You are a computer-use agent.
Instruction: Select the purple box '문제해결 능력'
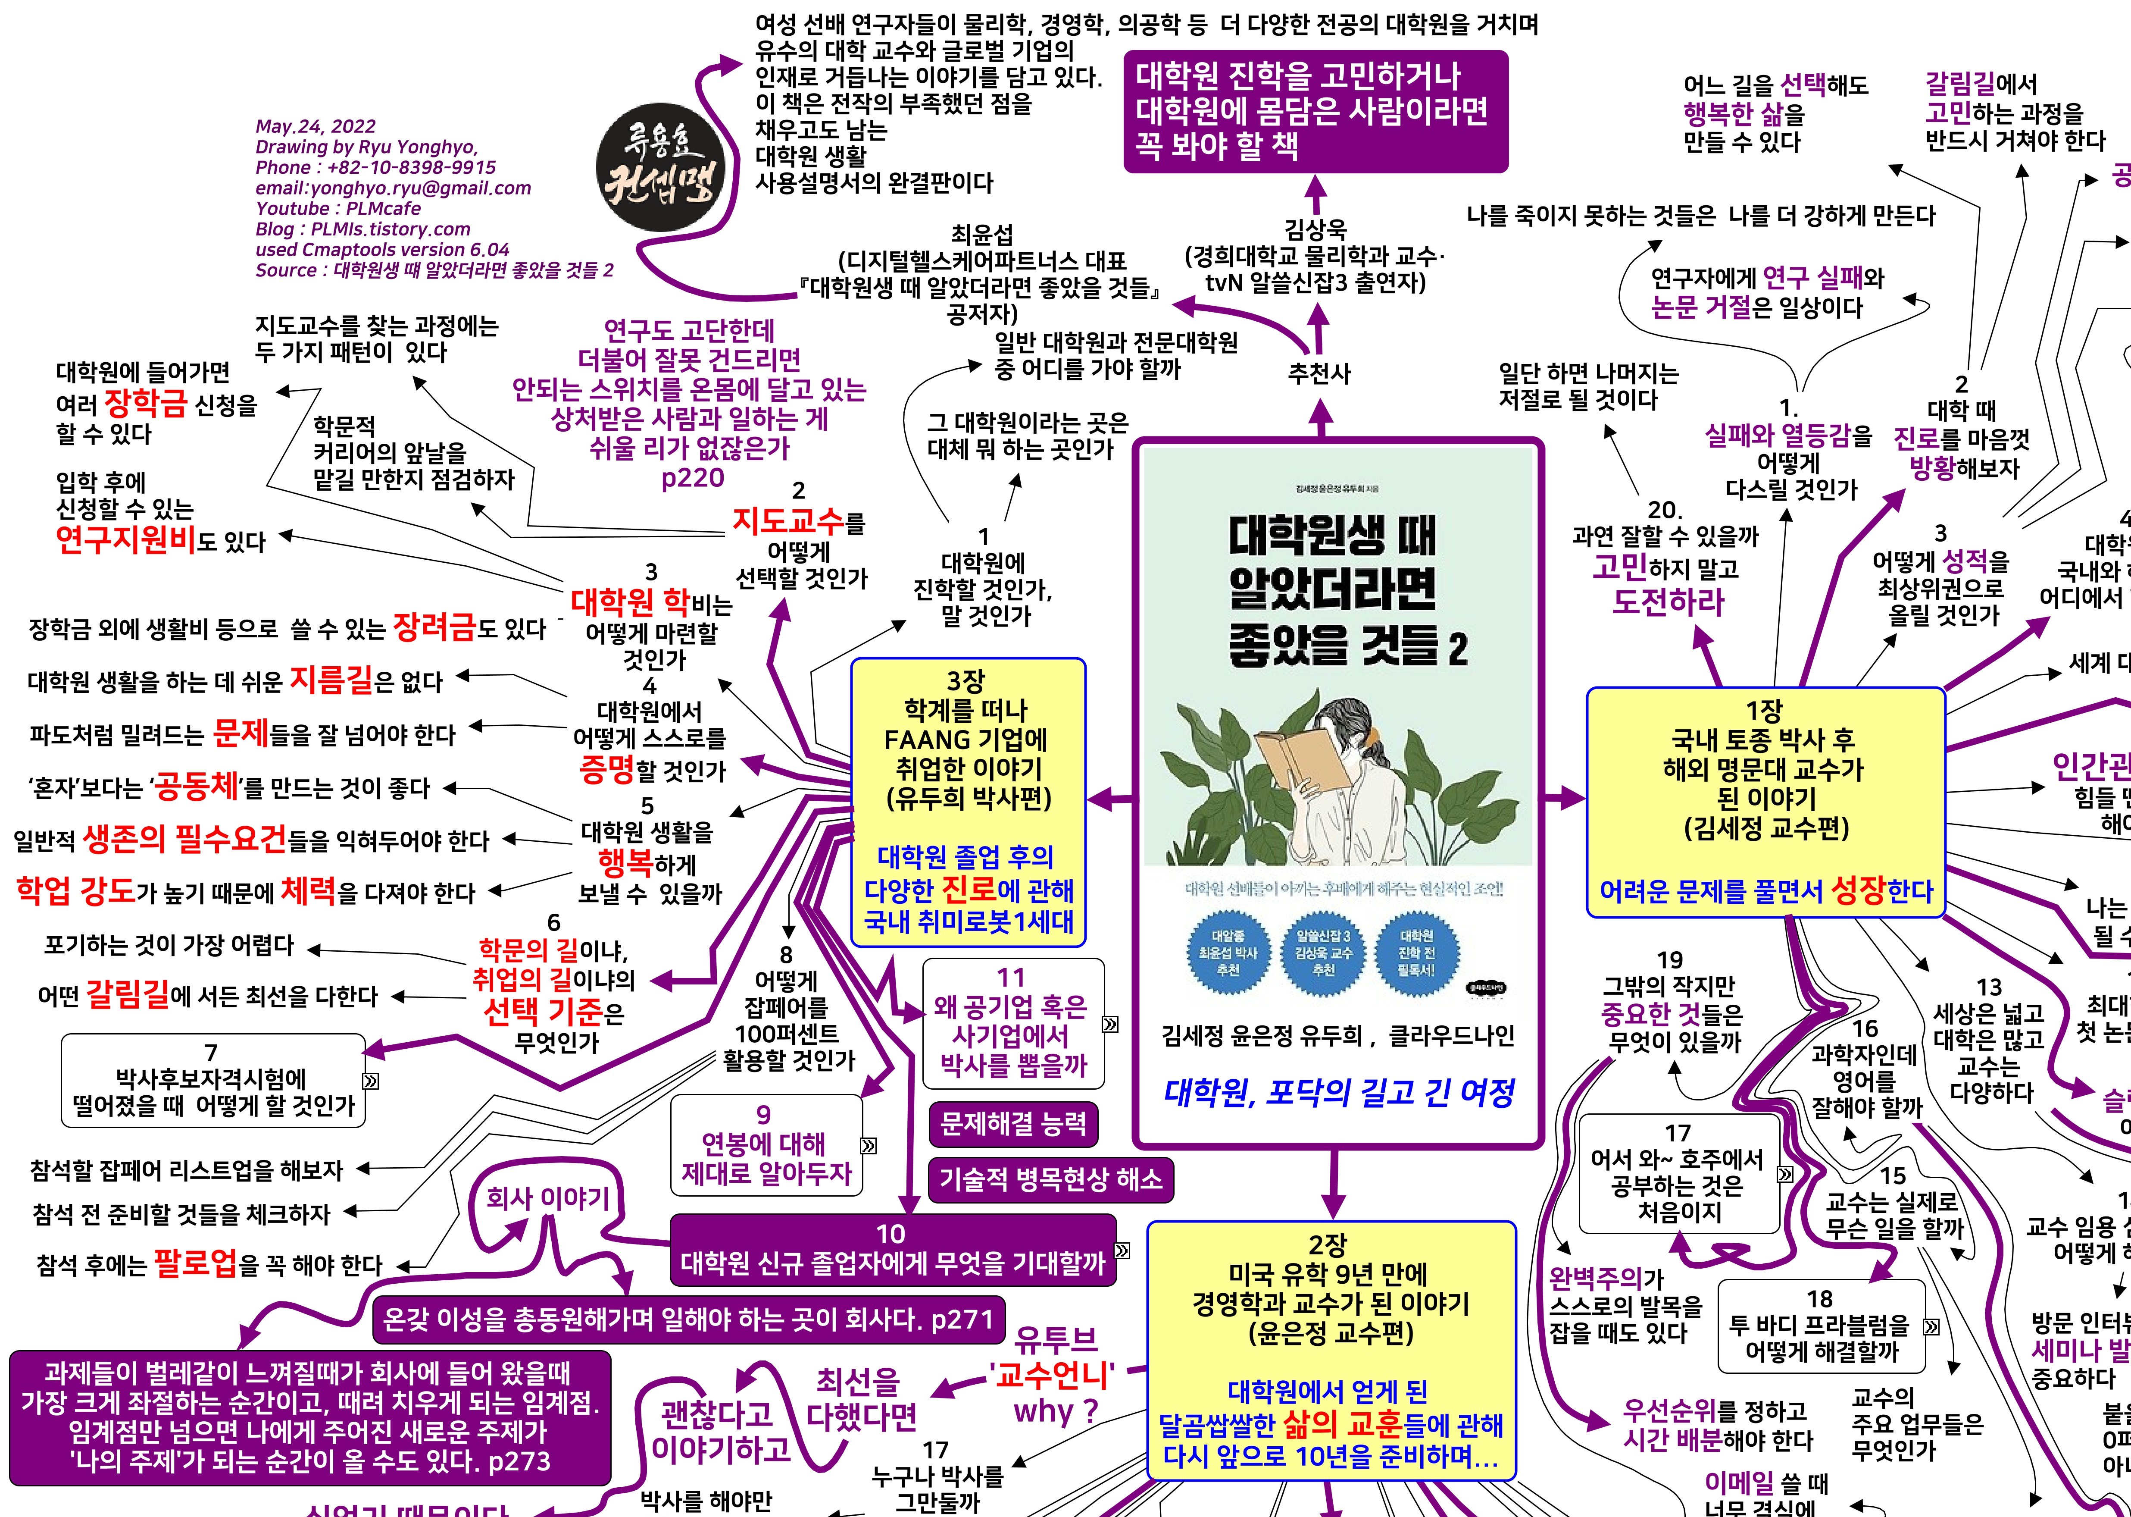pos(1013,1123)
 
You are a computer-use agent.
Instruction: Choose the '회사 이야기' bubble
pos(548,1197)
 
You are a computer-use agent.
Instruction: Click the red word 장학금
pos(146,404)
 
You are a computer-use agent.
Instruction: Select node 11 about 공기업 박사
pos(1012,1023)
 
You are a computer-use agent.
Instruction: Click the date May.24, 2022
pos(316,126)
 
